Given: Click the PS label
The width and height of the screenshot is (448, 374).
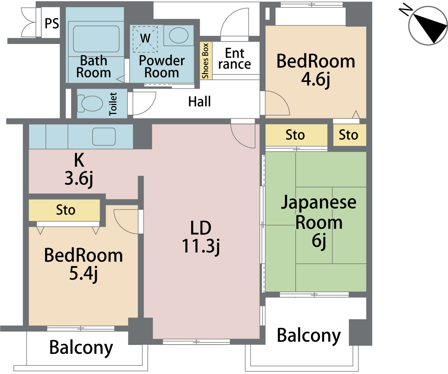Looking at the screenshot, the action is pos(52,23).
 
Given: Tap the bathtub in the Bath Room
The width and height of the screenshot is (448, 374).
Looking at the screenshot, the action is pos(96,39).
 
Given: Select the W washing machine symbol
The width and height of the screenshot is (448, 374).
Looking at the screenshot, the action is pos(145,39).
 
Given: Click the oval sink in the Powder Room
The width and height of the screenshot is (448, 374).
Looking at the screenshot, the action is pos(179,35).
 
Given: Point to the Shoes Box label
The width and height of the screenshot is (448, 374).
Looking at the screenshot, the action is pos(205,61).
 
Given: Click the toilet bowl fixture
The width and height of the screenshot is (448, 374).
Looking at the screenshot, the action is pos(90,104).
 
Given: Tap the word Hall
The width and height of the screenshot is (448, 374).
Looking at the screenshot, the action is pos(199,101).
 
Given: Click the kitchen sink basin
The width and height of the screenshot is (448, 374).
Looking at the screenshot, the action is pos(104,137).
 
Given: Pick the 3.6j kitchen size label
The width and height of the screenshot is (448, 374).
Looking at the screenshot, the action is pos(79,179).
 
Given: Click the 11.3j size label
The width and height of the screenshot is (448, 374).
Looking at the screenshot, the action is pos(201,247).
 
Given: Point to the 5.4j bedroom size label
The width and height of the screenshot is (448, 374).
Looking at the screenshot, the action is pos(84,274).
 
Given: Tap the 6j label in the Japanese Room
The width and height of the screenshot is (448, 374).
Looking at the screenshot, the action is pos(319,241).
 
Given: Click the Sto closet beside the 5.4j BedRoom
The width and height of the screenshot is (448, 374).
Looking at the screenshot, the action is pos(64,210).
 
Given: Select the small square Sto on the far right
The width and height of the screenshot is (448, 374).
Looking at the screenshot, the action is pos(349,135).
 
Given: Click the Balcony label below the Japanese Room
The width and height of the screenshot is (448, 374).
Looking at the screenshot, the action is pos(309,336).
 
